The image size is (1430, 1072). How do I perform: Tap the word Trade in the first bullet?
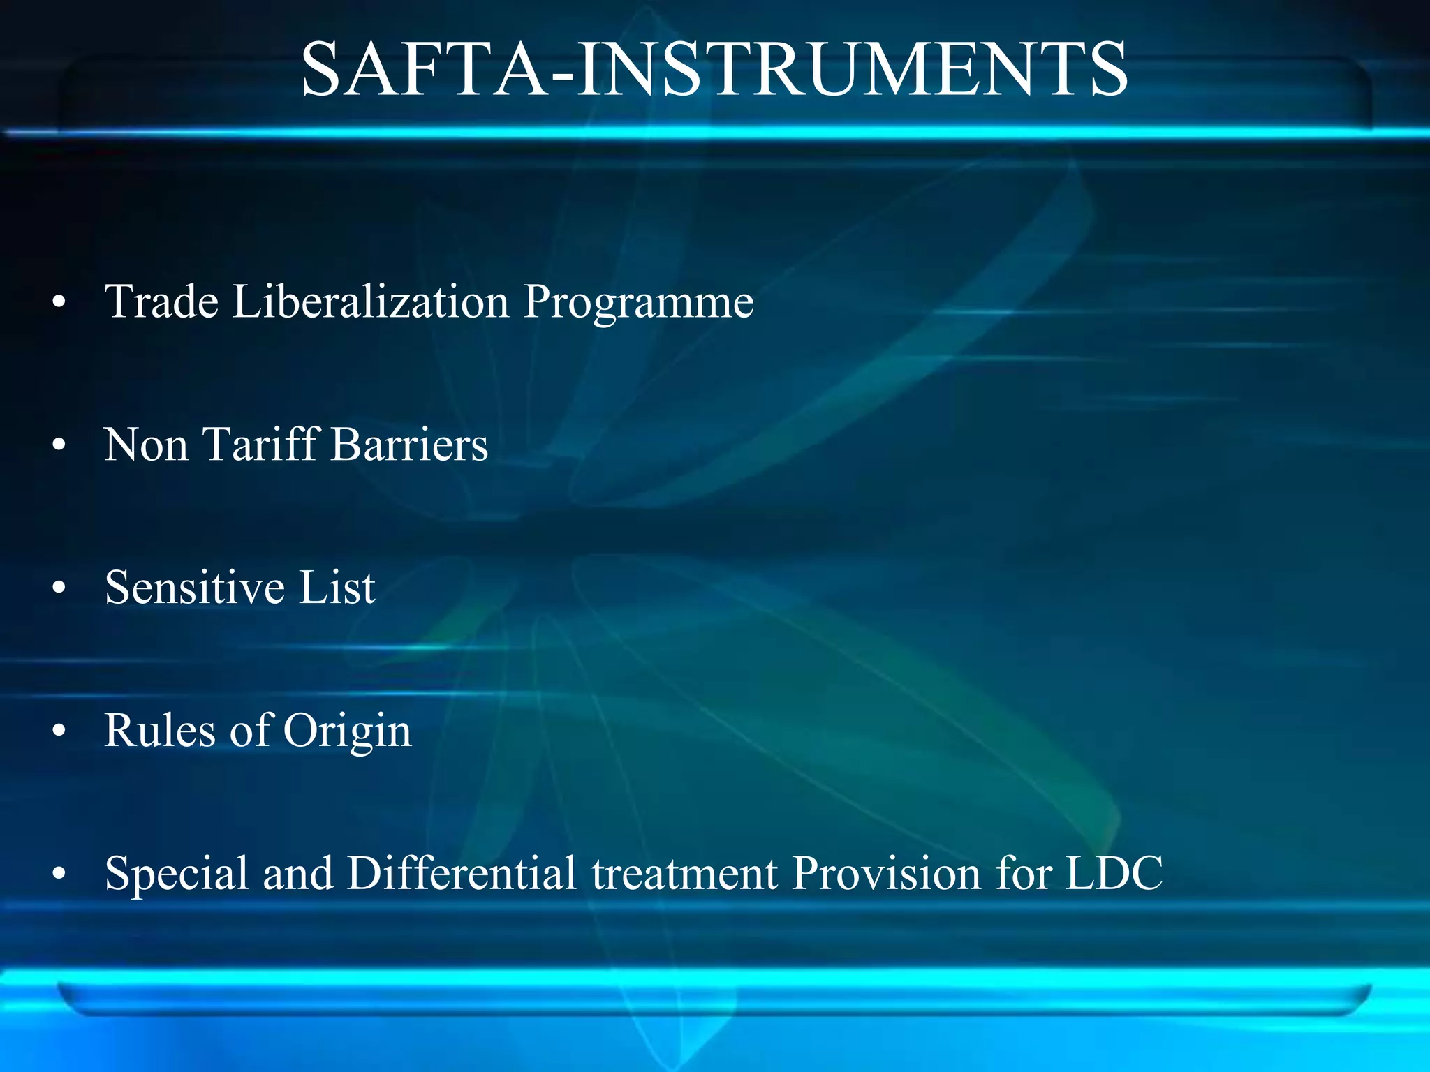coord(162,301)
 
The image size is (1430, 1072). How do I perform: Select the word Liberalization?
coord(371,301)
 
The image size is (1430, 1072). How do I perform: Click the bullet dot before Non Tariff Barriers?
coord(59,445)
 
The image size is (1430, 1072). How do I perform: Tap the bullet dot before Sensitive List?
coord(59,588)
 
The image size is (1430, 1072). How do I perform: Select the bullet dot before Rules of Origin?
coord(59,731)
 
